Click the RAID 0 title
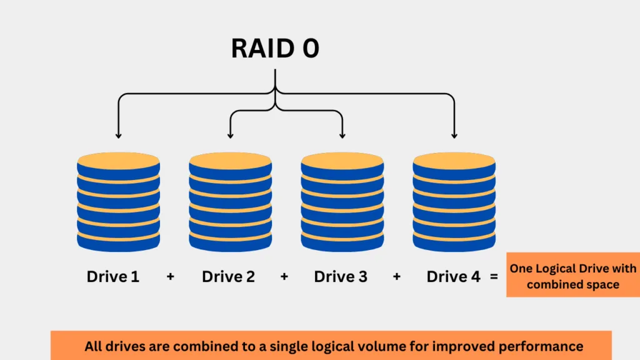click(275, 49)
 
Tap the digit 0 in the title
click(311, 49)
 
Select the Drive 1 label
click(113, 277)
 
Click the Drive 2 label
click(228, 277)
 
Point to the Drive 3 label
click(341, 277)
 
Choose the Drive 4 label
click(454, 277)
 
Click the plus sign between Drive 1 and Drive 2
click(170, 277)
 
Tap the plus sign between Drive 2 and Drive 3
click(284, 277)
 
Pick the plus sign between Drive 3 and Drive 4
click(396, 277)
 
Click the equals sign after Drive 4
click(494, 277)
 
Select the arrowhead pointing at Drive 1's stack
click(118, 135)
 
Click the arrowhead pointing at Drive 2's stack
click(231, 135)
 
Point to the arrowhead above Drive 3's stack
click(342, 135)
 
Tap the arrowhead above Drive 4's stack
click(454, 135)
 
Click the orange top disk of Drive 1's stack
click(118, 161)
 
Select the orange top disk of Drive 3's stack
click(342, 161)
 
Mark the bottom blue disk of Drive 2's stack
click(231, 243)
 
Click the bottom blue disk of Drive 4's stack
click(454, 243)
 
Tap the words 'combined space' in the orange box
click(573, 284)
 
